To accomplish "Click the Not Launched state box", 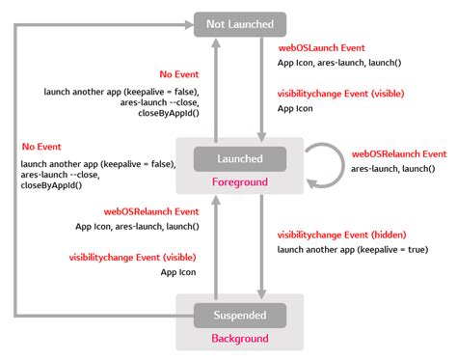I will [239, 25].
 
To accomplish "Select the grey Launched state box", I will [239, 158].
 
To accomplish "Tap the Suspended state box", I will [239, 315].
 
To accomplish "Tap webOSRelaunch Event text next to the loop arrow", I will [398, 153].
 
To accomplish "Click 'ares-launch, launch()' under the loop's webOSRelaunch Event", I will [392, 168].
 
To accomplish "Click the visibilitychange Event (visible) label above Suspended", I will [132, 258].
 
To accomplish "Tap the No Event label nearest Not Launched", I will [179, 75].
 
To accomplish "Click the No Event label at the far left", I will [41, 147].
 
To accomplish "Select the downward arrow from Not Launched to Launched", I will [261, 87].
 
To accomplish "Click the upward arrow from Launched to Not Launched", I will [217, 87].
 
